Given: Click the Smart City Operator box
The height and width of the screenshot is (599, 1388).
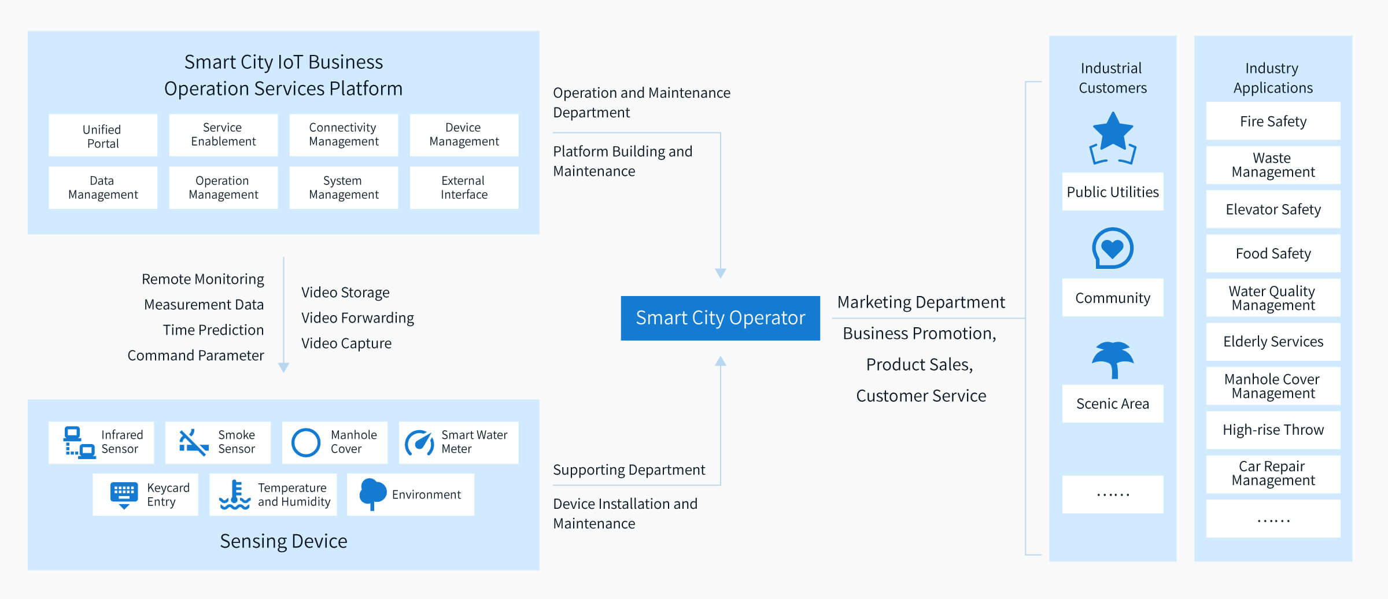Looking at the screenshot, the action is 720,318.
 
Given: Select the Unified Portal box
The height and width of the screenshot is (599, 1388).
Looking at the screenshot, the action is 103,135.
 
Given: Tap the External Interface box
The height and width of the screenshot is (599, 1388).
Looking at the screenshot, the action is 464,188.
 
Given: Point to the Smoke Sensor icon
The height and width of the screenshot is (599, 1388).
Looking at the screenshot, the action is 193,443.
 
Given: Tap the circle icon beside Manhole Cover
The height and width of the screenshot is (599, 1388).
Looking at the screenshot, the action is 306,443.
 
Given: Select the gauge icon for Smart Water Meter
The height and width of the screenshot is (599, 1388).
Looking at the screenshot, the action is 419,443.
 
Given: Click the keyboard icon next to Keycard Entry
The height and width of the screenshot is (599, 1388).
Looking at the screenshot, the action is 124,495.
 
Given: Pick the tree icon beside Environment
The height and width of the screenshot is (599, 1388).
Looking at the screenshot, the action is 372,494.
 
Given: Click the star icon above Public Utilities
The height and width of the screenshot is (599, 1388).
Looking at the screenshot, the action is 1113,138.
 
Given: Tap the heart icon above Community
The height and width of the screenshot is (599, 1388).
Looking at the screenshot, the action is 1113,248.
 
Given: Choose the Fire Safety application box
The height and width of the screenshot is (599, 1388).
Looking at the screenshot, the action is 1273,121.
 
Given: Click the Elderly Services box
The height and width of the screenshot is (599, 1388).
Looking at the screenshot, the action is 1273,342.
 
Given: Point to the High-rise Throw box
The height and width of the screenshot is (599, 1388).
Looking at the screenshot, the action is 1273,430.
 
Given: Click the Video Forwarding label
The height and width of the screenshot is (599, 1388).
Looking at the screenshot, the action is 357,318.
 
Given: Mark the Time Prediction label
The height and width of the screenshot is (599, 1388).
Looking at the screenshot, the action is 213,330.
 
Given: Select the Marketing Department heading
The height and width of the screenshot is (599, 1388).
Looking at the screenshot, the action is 921,302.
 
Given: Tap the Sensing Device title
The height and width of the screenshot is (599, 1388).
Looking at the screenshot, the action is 283,541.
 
